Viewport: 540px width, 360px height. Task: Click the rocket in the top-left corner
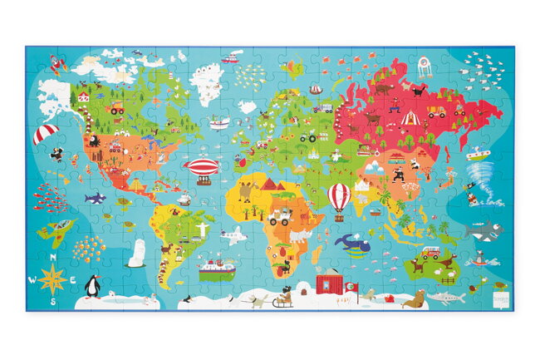56,64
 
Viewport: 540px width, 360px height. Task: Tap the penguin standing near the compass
93,287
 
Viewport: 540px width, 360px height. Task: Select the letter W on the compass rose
32,279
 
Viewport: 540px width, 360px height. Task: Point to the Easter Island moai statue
136,253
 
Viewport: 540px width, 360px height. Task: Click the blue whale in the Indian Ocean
348,242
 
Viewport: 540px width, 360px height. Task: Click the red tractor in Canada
116,108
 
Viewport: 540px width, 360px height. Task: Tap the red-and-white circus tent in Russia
409,118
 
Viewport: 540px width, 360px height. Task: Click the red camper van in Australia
430,252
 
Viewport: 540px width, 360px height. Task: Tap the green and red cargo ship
216,269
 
